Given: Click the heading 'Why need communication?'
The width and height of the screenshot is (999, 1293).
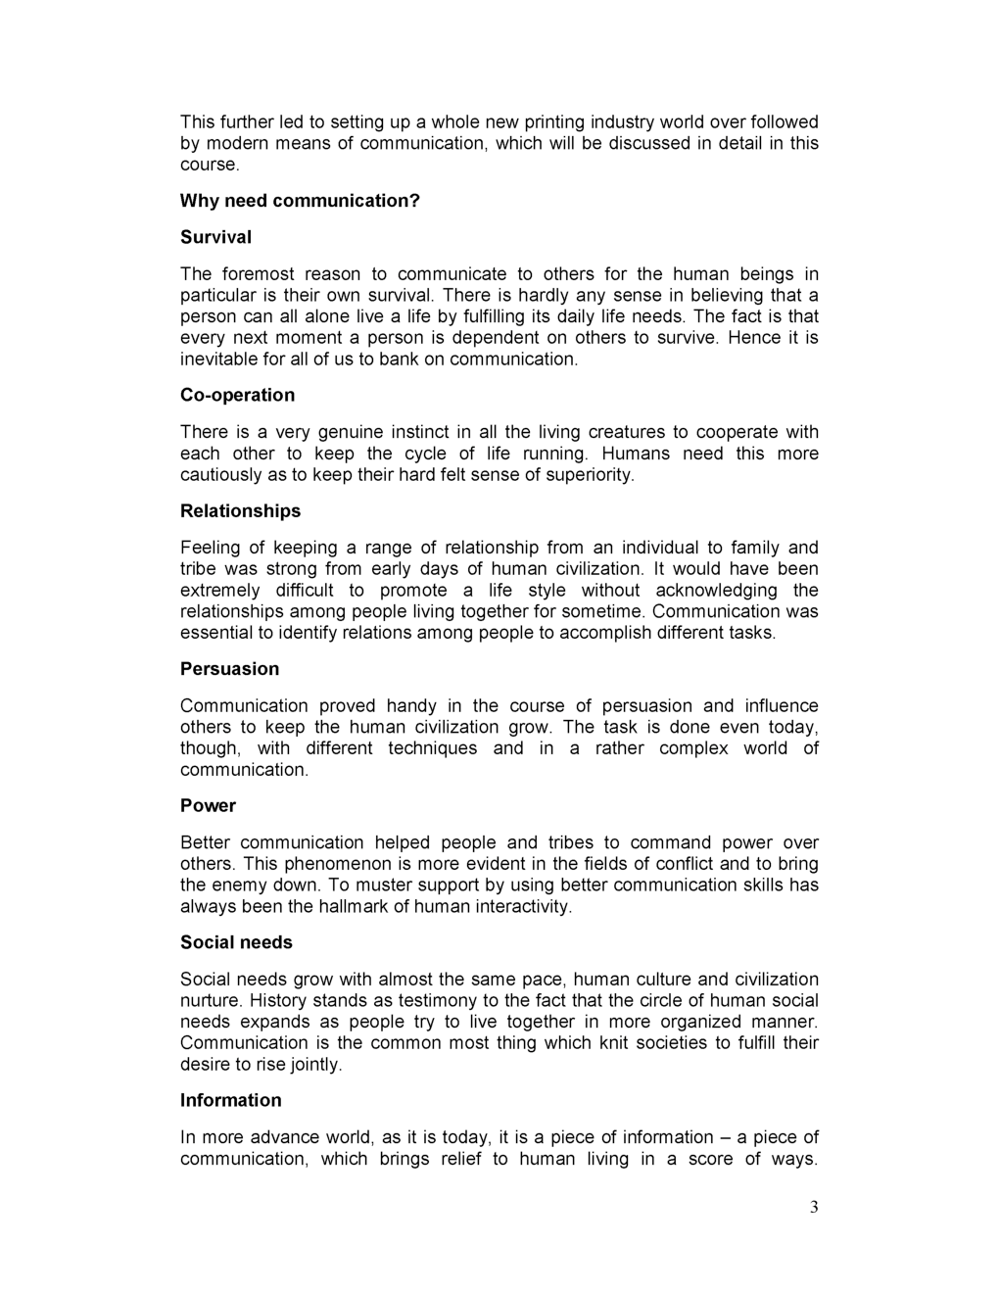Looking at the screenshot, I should pos(300,201).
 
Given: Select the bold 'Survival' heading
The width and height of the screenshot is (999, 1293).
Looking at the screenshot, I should pos(215,237).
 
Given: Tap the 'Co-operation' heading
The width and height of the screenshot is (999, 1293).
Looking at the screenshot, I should pos(237,395).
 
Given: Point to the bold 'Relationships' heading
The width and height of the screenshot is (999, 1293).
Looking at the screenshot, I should pos(240,511).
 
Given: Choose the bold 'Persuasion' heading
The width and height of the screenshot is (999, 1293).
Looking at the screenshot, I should pos(229,669).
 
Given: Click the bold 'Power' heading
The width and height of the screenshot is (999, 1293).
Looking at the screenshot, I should pos(208,806).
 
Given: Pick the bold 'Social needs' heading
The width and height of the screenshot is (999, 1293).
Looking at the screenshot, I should pos(236,942).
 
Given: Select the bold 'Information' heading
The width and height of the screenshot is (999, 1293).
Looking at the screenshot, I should pos(230,1100).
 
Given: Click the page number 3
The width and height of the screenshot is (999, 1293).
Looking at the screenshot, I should pos(813,1207).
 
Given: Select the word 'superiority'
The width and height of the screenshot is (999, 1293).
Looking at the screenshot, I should pos(585,475).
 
